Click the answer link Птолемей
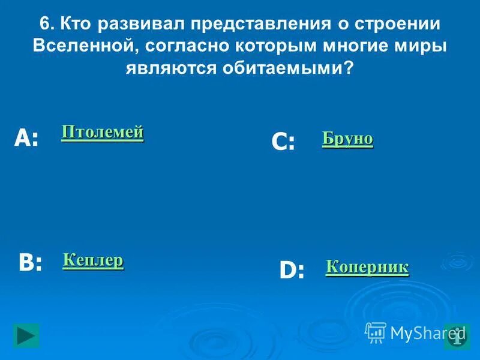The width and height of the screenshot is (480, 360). point(103,132)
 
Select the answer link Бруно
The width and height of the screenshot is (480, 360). point(347,139)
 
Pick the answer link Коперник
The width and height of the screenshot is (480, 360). point(367,267)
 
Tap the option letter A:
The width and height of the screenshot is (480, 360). point(26,139)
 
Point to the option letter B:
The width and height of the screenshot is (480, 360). point(30,263)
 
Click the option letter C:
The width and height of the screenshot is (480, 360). point(283,142)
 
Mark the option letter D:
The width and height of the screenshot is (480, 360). point(292,271)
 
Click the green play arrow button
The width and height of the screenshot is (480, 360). point(26,335)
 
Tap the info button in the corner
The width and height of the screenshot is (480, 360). point(457,337)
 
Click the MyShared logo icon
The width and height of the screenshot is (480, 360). point(376,332)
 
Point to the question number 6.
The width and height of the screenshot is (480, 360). point(46,25)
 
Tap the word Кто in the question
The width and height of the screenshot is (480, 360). point(76,25)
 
